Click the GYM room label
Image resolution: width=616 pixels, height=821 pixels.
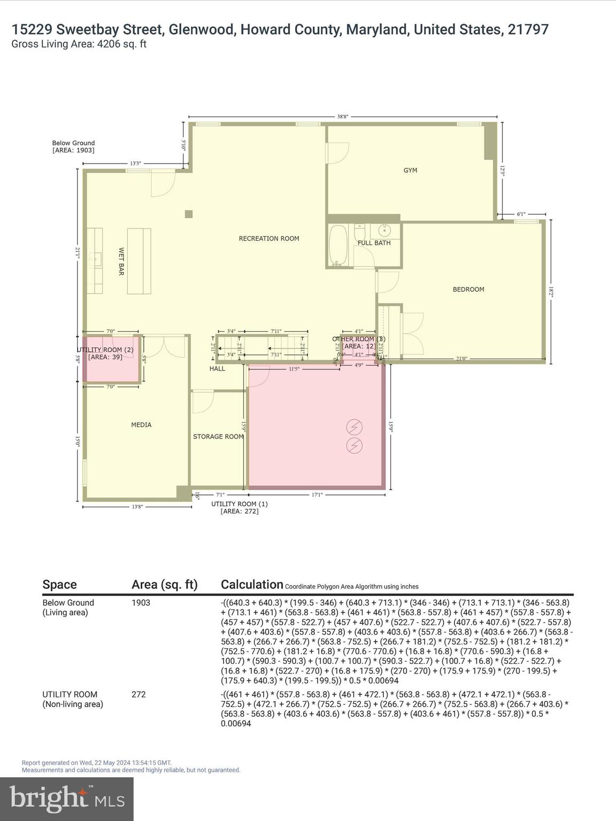(410, 171)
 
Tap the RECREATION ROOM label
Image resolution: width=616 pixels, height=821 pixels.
(269, 239)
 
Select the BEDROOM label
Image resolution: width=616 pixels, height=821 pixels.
(468, 290)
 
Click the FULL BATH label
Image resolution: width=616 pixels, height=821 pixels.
(374, 243)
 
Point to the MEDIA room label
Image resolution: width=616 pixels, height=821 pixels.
(141, 425)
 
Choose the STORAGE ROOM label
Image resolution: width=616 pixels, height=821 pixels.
(218, 437)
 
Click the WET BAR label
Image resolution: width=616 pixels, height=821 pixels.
(121, 261)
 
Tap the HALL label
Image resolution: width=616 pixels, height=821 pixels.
(217, 369)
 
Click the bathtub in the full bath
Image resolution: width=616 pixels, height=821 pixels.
(338, 245)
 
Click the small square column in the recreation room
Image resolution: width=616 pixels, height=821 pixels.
(188, 214)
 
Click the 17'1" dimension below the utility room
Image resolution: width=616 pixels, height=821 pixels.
(317, 495)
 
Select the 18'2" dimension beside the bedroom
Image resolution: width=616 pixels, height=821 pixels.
(551, 291)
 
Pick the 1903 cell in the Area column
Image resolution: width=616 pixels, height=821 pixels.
(141, 603)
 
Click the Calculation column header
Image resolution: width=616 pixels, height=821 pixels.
(252, 585)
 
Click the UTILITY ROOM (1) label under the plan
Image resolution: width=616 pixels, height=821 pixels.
(240, 504)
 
